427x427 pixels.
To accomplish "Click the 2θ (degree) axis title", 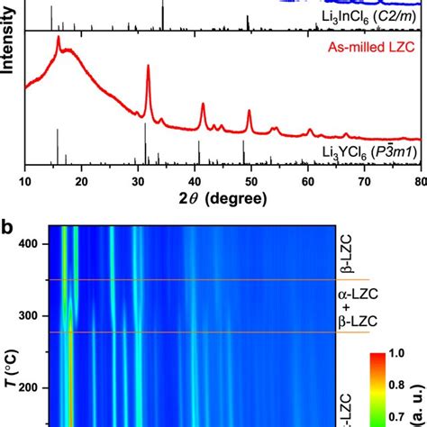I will pos(222,199).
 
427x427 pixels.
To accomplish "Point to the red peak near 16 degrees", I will pos(59,40).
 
